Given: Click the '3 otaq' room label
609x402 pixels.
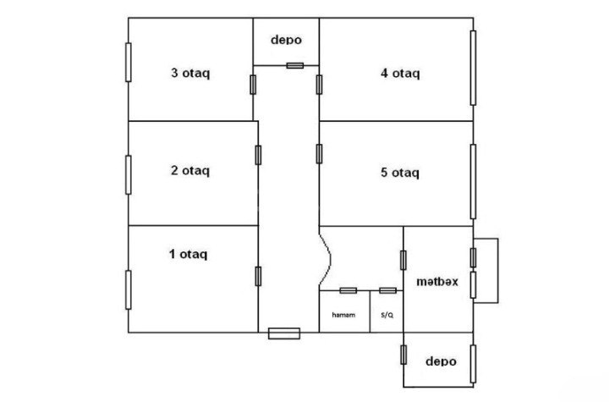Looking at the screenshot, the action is (190, 74).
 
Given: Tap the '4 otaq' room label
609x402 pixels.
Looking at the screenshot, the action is (400, 74).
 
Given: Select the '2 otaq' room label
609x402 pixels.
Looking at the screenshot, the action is (190, 171).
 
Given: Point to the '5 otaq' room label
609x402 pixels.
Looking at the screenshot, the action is (400, 173).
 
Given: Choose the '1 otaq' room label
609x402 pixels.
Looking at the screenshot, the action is (189, 254).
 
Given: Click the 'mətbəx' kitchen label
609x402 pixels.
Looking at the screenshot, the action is (437, 282).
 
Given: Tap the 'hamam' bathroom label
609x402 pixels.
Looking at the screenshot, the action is (343, 315).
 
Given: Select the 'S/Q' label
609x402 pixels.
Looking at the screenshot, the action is (387, 315).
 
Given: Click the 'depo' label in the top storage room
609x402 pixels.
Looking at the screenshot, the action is (286, 40).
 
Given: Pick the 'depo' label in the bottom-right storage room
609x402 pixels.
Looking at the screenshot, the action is (441, 361).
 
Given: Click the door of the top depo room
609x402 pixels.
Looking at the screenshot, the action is (295, 65).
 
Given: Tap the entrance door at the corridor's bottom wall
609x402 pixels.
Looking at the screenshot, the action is (284, 333).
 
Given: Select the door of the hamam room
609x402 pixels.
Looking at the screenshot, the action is (348, 290).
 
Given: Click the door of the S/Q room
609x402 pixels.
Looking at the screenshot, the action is (387, 290).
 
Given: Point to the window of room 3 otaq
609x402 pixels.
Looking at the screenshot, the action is (129, 63).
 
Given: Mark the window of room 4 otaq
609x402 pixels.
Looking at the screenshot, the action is (473, 68).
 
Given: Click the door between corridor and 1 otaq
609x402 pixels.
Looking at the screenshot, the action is (258, 277).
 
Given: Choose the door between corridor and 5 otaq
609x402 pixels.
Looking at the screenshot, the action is (319, 154).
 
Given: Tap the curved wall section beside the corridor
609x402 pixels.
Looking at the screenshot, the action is (326, 259).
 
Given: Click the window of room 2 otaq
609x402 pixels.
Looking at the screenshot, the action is (129, 175).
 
